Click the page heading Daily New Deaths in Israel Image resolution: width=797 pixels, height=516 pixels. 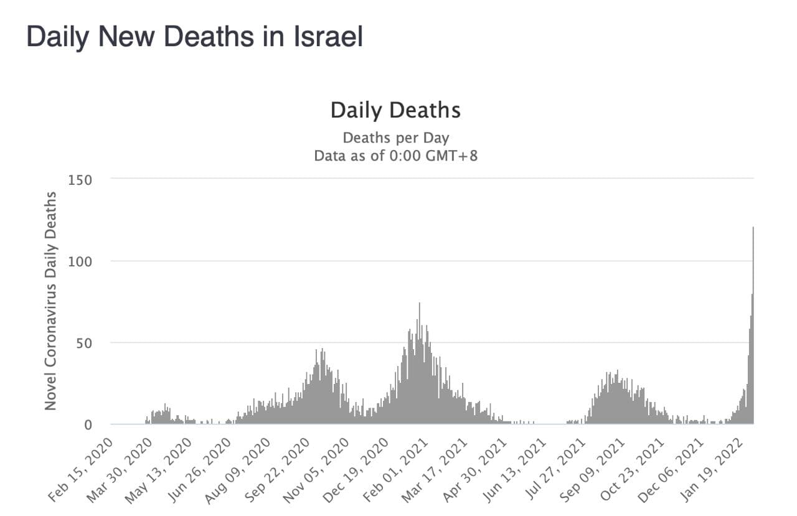(x=194, y=37)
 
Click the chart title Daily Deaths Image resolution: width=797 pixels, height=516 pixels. (x=395, y=110)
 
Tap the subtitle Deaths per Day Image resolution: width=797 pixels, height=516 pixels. (x=395, y=138)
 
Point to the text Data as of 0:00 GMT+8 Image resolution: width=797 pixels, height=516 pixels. (x=395, y=156)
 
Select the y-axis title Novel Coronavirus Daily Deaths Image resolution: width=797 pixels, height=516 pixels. (x=50, y=301)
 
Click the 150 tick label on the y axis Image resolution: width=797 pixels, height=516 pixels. (x=80, y=180)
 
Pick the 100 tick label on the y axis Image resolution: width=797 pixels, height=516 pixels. (x=80, y=261)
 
